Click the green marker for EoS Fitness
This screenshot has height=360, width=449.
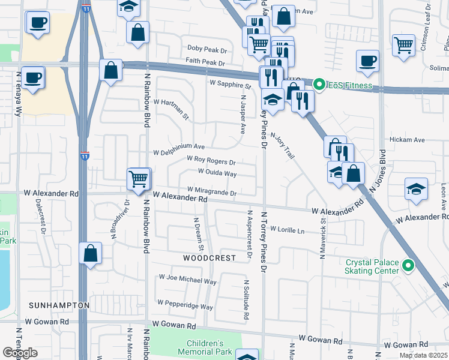pyautogui.click(x=319, y=85)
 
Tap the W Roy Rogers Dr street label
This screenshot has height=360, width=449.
pyautogui.click(x=211, y=161)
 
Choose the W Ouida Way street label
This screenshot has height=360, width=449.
pyautogui.click(x=212, y=173)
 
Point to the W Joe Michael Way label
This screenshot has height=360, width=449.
pyautogui.click(x=187, y=280)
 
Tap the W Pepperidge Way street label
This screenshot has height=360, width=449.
pyautogui.click(x=185, y=307)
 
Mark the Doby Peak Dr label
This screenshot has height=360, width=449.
pyautogui.click(x=206, y=48)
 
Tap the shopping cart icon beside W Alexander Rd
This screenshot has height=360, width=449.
pyautogui.click(x=139, y=179)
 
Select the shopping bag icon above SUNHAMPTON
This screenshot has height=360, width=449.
pyautogui.click(x=90, y=253)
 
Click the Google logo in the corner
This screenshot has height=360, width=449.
pyautogui.click(x=20, y=353)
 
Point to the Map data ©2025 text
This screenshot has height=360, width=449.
pyautogui.click(x=424, y=355)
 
